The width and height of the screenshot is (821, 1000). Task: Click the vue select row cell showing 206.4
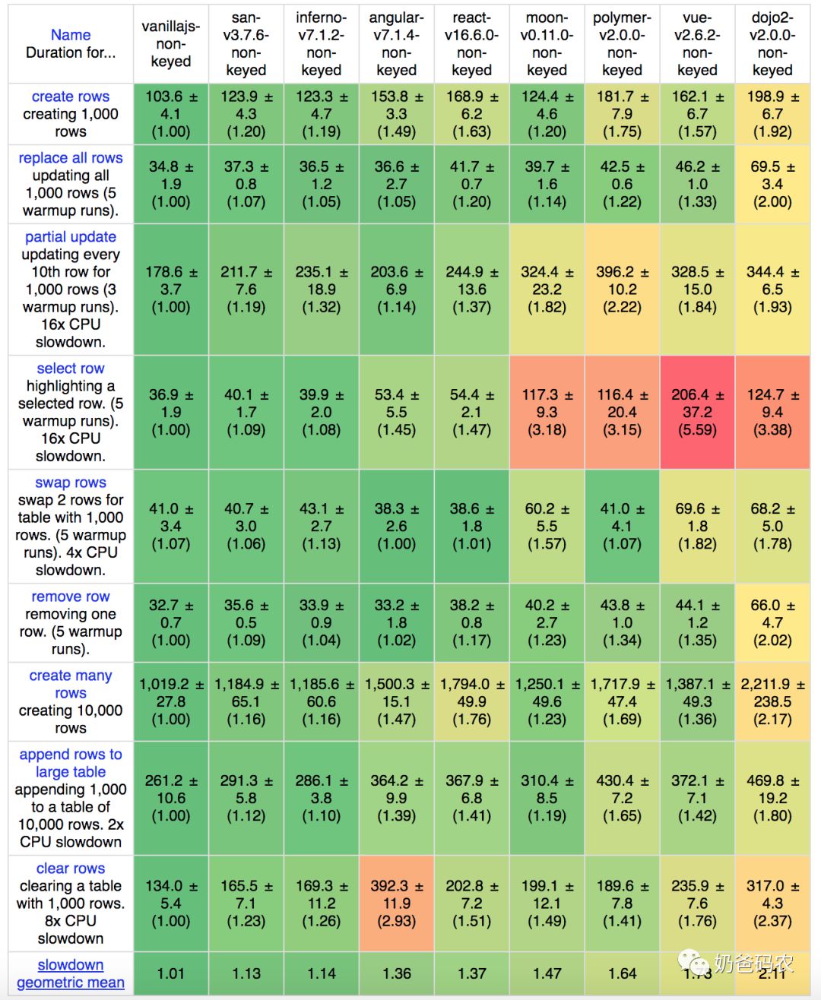[x=697, y=412]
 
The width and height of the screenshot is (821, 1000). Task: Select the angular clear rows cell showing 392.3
[x=396, y=903]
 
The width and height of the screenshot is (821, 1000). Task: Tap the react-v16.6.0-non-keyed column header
[x=471, y=44]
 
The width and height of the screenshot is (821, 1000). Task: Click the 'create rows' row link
[x=71, y=97]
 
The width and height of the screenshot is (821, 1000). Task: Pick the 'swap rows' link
[x=71, y=483]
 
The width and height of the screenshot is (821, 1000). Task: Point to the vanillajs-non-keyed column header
[x=170, y=44]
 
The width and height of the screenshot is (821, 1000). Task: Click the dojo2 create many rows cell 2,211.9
[x=772, y=701]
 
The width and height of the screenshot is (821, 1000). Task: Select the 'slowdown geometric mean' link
[x=71, y=973]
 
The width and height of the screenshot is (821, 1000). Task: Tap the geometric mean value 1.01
[x=170, y=973]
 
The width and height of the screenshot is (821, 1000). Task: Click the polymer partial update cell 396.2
[x=622, y=290]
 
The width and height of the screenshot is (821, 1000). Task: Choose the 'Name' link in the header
[x=71, y=35]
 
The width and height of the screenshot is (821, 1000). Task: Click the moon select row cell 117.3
[x=547, y=412]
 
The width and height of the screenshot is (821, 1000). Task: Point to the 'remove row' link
[x=71, y=597]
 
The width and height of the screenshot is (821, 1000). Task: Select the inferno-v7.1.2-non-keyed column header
[x=321, y=44]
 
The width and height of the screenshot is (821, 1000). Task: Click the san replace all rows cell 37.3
[x=246, y=184]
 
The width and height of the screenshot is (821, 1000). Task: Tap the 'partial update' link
[x=71, y=237]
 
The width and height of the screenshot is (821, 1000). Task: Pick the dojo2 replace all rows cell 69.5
[x=772, y=184]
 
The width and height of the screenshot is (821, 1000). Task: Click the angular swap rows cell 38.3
[x=396, y=526]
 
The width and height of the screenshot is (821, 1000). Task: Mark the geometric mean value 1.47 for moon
[x=547, y=973]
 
